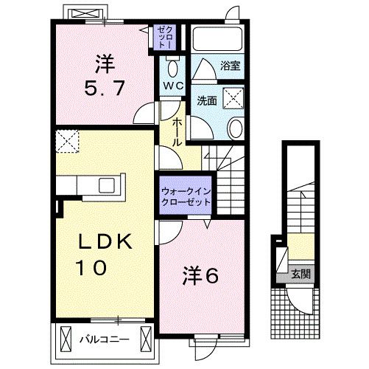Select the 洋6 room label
coord(201,275)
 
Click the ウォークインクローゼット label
coord(186,196)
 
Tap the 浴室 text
coord(230,66)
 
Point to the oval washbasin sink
coord(234,129)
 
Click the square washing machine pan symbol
coord(233,97)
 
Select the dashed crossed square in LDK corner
coord(68,140)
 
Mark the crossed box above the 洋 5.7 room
coord(80,13)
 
